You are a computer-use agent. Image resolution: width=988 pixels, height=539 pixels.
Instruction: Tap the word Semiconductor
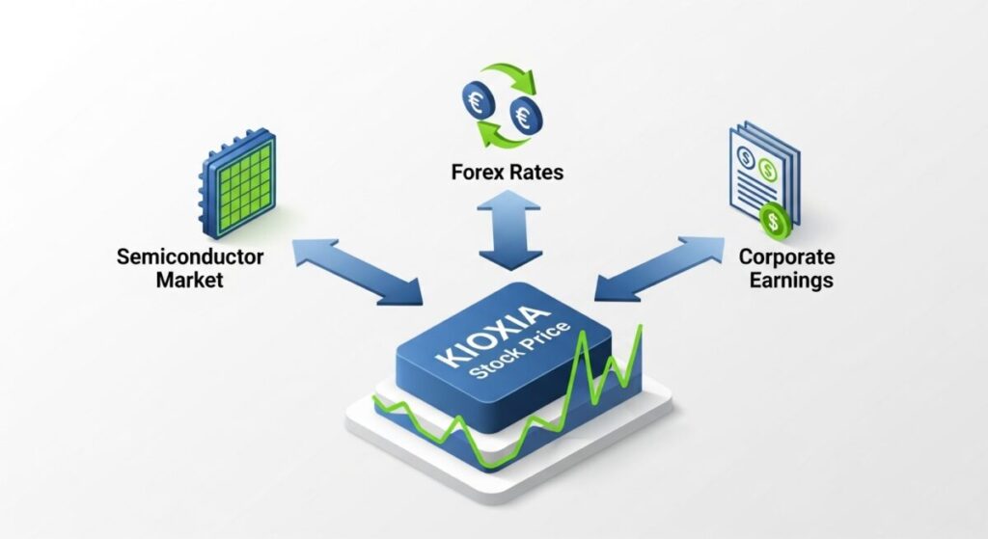pos(189,257)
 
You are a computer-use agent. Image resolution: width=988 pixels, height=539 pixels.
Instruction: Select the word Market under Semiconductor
pos(190,281)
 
